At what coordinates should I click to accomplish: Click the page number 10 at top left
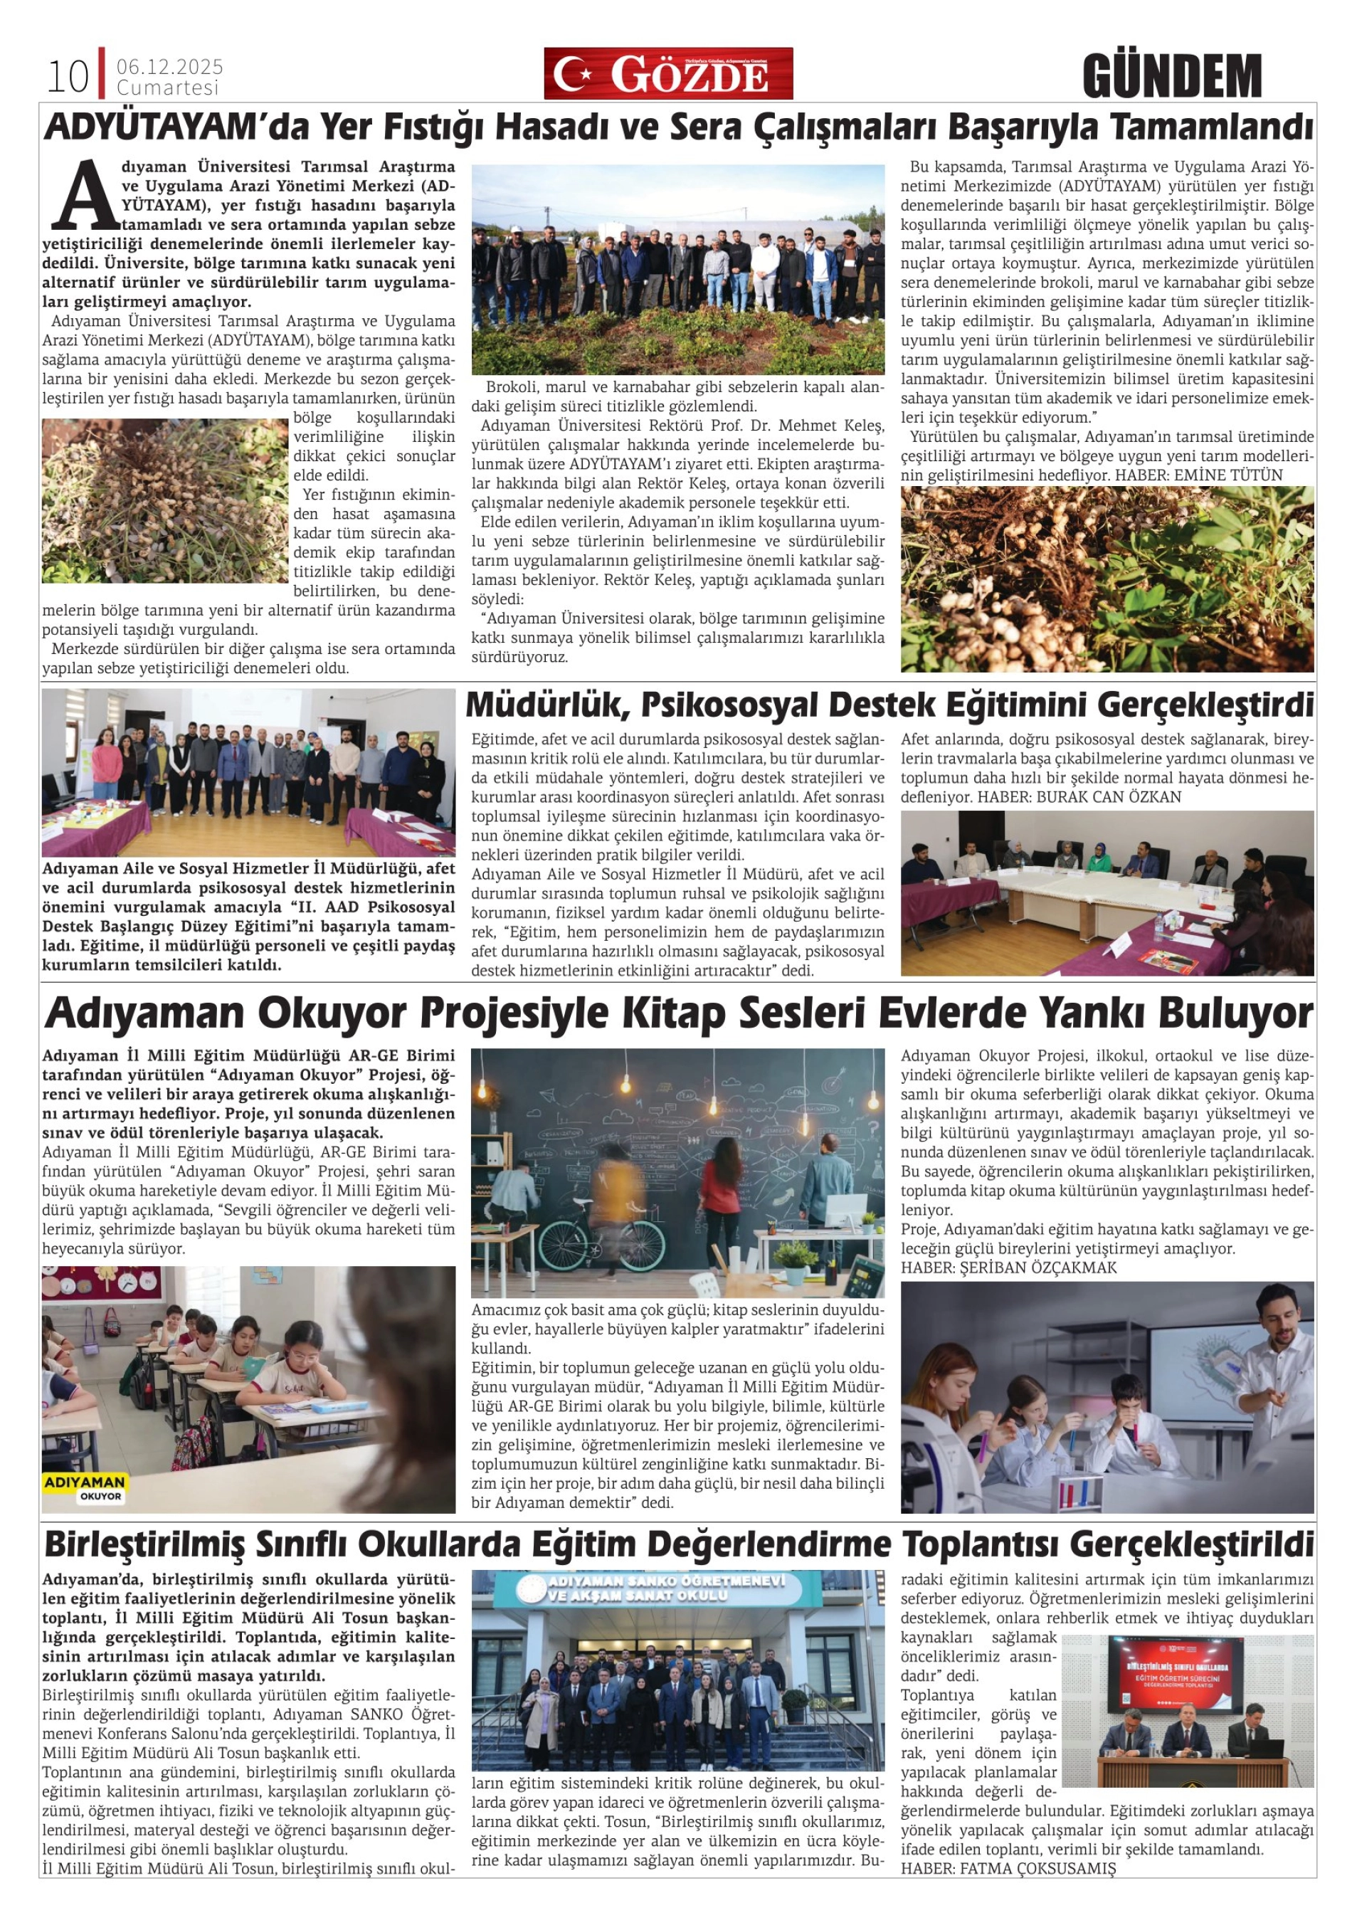68,78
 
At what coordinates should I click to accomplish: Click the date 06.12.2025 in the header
170,67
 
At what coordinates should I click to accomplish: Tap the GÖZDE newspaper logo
668,74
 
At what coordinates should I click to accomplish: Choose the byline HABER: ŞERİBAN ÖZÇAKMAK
1009,1268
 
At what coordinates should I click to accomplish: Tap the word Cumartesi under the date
167,88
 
